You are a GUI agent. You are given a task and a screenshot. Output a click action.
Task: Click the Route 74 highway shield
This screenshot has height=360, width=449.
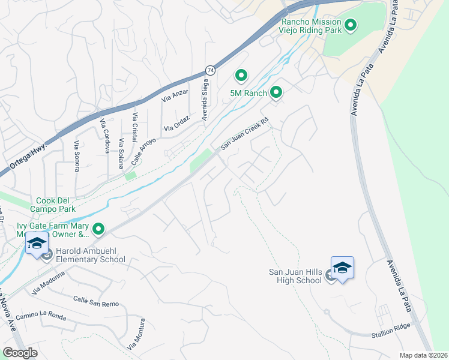click(209, 70)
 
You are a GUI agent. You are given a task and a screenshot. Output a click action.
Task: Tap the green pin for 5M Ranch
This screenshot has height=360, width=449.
click(276, 92)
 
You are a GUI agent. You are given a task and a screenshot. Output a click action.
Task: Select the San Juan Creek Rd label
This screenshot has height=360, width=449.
click(246, 133)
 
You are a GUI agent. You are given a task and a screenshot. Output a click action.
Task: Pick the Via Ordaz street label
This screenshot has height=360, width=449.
click(177, 124)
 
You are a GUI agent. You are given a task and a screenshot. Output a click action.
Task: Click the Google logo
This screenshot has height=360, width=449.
click(20, 353)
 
